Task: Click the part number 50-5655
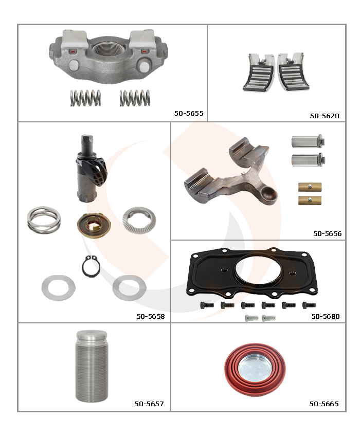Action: (189, 114)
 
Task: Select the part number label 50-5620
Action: (325, 116)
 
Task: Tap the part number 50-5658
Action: (151, 316)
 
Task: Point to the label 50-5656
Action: (328, 233)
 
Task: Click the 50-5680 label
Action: (326, 316)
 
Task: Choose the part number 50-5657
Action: (149, 404)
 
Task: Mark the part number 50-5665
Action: (324, 404)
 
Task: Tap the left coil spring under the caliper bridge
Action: (85, 98)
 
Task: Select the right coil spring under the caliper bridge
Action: (135, 98)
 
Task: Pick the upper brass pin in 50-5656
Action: (310, 187)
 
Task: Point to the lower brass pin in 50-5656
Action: (310, 201)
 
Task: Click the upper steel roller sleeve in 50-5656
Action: (308, 141)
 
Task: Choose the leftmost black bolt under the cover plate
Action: (207, 305)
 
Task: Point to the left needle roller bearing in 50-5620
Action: (258, 72)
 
